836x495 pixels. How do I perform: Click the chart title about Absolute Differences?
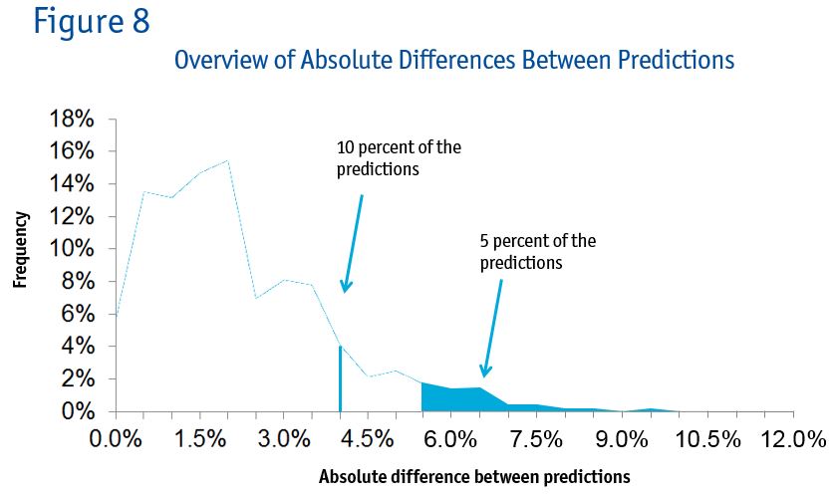[453, 60]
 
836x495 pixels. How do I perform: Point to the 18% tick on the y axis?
[72, 119]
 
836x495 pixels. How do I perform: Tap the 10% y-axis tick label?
[72, 249]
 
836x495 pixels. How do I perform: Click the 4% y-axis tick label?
[78, 347]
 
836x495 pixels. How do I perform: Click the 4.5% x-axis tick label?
[369, 439]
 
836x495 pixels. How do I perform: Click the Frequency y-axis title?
[20, 249]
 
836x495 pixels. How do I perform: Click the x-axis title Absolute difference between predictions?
[474, 476]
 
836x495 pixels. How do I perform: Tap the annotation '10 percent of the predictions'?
[399, 158]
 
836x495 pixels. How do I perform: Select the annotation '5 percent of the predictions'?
[538, 251]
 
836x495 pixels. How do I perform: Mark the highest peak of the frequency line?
[228, 160]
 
